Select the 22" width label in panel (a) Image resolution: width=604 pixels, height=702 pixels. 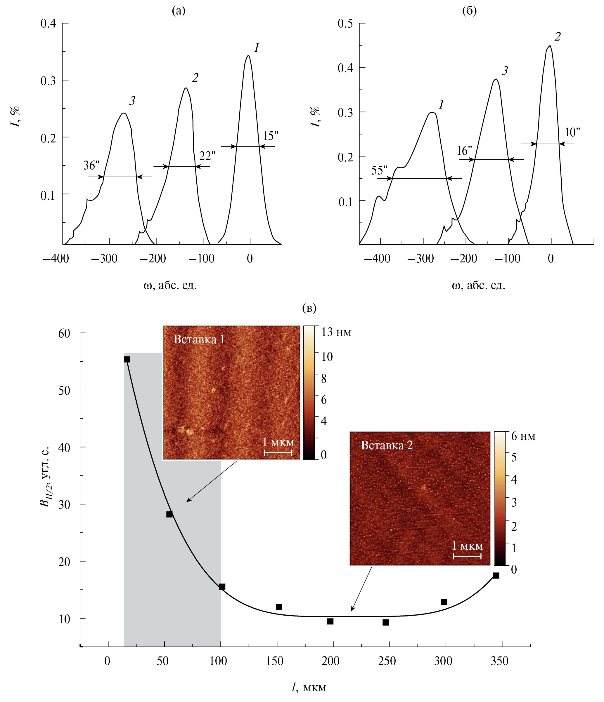(x=207, y=156)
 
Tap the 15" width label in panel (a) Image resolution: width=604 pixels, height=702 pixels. (x=270, y=136)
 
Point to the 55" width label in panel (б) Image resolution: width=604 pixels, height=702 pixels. (x=379, y=170)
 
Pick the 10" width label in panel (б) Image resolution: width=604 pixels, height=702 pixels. (x=572, y=133)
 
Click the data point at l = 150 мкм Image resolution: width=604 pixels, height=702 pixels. (x=279, y=607)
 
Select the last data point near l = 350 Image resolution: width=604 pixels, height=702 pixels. (x=496, y=576)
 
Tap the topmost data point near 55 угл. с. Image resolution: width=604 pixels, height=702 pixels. (x=127, y=360)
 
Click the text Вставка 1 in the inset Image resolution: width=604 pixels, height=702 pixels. (x=199, y=339)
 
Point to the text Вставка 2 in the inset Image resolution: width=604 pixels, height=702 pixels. (x=387, y=445)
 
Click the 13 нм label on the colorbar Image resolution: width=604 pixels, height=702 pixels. (x=336, y=332)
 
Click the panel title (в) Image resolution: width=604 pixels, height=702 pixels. (x=309, y=308)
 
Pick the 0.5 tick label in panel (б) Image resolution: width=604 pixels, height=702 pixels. (x=345, y=24)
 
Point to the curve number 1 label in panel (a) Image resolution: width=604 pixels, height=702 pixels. (x=257, y=48)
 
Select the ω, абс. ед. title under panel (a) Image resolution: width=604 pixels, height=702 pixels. (x=170, y=285)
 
